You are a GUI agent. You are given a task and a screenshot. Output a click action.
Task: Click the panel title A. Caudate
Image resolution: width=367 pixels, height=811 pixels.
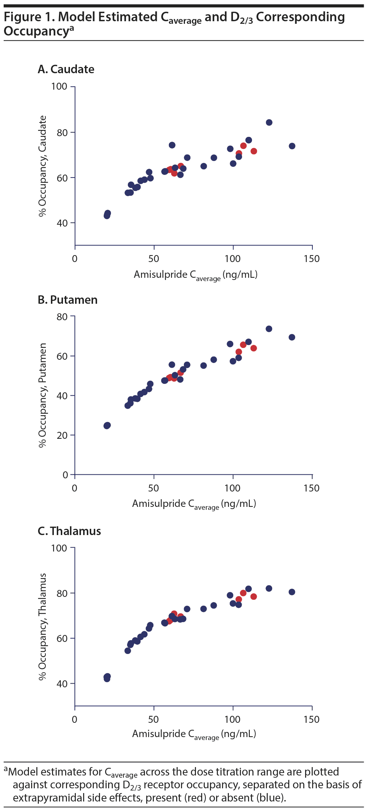[x=66, y=69]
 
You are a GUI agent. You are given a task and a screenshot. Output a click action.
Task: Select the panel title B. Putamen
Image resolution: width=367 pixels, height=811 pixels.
[x=68, y=300]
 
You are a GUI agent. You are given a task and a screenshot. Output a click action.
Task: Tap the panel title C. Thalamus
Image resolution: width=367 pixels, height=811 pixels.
[x=69, y=531]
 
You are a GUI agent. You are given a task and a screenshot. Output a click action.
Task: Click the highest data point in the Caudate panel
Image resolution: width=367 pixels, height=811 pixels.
[x=269, y=123]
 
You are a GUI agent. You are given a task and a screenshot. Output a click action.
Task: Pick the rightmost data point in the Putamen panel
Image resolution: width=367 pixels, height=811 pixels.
[x=292, y=337]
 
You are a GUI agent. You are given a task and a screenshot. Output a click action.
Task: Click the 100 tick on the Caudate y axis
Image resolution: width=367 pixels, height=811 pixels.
[x=59, y=86]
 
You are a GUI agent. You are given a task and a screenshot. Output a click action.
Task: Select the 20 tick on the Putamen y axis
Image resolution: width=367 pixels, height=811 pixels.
[x=62, y=435]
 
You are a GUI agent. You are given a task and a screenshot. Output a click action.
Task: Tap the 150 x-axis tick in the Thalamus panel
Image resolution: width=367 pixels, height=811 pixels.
[x=311, y=719]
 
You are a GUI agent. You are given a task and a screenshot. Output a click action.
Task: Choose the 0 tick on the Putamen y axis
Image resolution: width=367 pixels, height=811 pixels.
[x=66, y=475]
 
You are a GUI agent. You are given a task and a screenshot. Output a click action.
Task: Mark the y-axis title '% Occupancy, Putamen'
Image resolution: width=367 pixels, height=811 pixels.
[x=43, y=395]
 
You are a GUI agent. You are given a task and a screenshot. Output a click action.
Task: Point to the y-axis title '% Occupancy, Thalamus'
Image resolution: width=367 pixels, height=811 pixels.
[x=43, y=627]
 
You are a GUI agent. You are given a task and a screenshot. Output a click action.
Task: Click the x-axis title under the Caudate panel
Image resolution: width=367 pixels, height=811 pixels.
[x=195, y=275]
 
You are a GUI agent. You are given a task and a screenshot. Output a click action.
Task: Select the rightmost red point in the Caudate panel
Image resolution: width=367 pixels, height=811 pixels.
[x=253, y=151]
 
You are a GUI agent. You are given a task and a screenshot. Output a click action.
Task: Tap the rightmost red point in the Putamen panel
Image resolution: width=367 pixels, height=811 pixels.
[x=253, y=348]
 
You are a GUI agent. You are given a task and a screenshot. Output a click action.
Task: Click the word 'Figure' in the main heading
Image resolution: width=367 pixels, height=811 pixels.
[x=23, y=17]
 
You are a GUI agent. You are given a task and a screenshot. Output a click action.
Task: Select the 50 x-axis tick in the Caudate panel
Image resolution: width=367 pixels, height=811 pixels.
[x=153, y=259]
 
